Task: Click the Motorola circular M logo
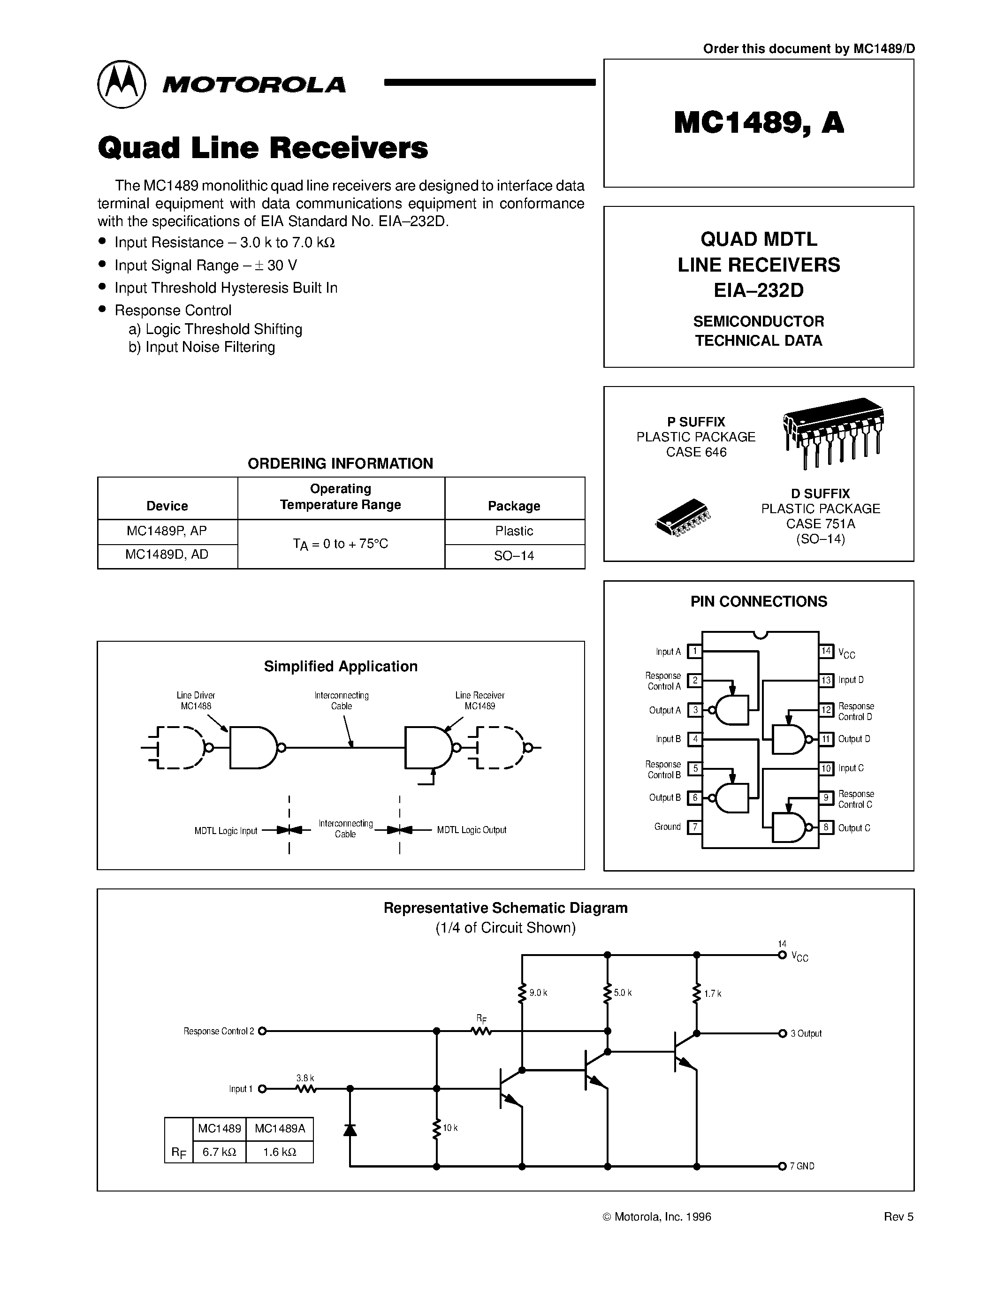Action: pos(121,84)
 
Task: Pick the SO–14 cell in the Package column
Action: pos(514,556)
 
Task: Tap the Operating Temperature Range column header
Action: pos(341,497)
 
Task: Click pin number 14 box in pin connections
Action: pos(826,651)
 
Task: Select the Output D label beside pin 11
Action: pos(853,739)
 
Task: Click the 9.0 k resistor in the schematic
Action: pos(522,993)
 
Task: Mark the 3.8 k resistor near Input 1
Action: pos(305,1089)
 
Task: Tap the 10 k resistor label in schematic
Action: pos(450,1128)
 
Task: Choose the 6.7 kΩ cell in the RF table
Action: pos(219,1152)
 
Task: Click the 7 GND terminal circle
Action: pos(782,1166)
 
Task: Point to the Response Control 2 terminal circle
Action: pos(263,1031)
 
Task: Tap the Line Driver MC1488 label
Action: pos(196,700)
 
